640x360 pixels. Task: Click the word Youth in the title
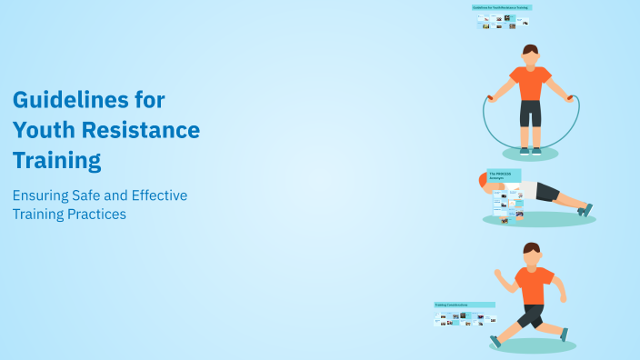(45, 130)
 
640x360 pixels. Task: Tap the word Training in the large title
(56, 161)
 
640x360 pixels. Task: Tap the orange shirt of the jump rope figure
(530, 83)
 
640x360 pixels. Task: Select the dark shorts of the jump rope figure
(530, 113)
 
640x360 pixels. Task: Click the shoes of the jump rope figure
(530, 150)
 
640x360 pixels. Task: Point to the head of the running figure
(532, 252)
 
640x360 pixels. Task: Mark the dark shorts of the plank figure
(546, 192)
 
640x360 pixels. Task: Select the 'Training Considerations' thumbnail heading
(464, 305)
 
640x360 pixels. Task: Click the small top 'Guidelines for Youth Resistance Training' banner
(502, 7)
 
